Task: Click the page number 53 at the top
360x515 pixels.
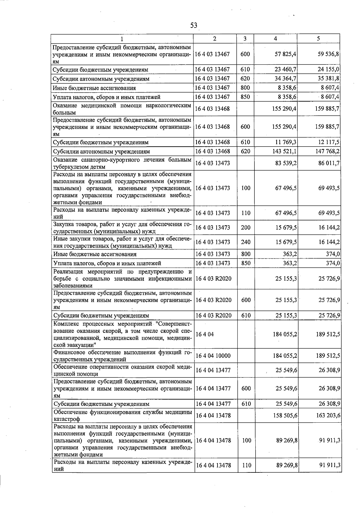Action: [193, 25]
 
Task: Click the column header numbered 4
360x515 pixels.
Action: [275, 39]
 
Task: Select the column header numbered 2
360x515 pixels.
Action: [214, 39]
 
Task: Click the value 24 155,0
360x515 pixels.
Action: [328, 70]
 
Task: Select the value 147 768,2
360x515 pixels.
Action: [327, 151]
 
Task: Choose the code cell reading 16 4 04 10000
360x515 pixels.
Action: [213, 356]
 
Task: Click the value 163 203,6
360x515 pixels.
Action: [328, 415]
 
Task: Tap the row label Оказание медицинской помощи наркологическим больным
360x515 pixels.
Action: [122, 109]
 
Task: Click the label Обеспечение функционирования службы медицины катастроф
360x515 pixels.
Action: [122, 415]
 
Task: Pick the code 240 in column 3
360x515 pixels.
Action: [245, 242]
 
